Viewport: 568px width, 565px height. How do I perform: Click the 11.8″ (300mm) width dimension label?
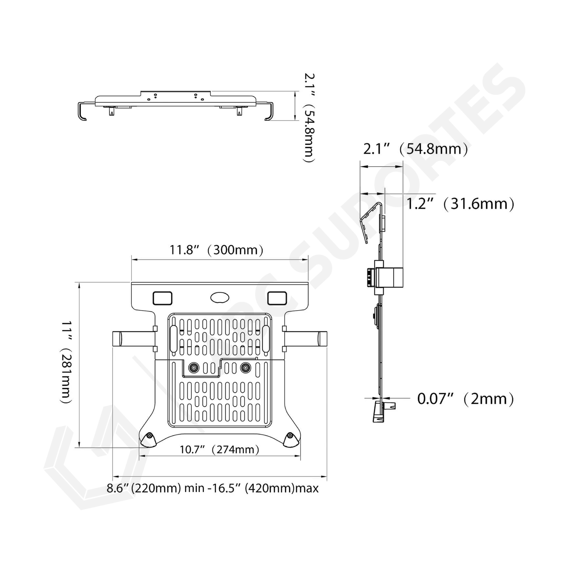(216, 250)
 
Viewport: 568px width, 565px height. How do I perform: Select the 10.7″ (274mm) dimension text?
(220, 450)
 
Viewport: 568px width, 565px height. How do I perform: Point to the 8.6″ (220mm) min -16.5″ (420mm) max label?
(212, 488)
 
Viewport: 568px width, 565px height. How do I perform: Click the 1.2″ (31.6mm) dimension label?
(460, 204)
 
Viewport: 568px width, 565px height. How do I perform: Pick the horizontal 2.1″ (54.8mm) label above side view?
(415, 149)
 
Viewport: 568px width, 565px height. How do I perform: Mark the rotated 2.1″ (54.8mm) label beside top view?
(309, 118)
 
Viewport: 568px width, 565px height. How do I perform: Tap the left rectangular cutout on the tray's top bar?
(162, 298)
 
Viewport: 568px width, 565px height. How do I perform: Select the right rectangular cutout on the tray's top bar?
(277, 298)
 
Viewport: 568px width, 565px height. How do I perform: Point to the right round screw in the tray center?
(246, 367)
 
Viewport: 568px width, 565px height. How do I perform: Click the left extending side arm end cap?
(116, 339)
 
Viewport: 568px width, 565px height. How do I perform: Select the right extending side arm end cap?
(323, 339)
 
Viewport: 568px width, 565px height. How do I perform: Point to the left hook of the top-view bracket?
(81, 111)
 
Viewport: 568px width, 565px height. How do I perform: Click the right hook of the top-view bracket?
(268, 111)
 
